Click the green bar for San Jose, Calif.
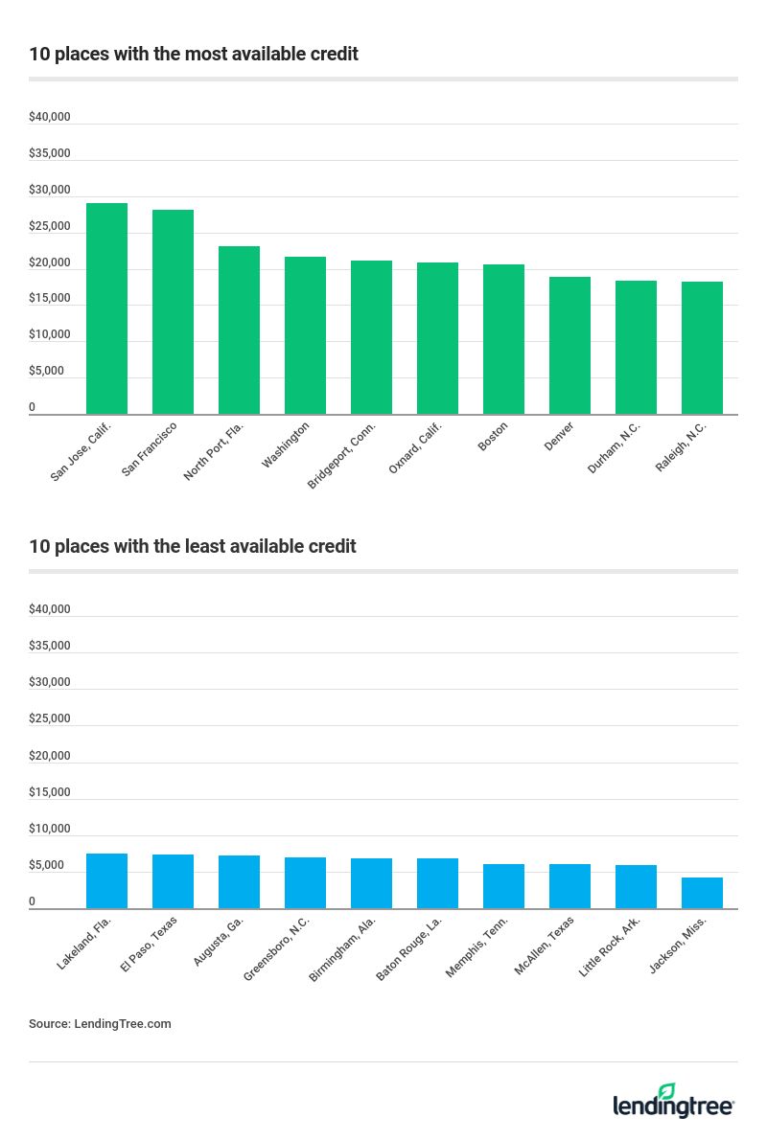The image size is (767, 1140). tap(106, 308)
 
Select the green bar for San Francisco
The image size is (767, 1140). tap(173, 312)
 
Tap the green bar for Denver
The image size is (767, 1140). tap(569, 346)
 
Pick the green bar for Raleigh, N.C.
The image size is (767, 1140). tap(702, 348)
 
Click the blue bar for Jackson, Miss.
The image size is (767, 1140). tap(702, 893)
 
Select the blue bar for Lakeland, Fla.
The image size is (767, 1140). tap(106, 880)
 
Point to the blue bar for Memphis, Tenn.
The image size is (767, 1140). tap(503, 886)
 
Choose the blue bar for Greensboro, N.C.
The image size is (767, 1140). tap(305, 882)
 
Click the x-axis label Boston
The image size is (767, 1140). tap(493, 436)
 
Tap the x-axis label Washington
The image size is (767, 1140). tap(286, 445)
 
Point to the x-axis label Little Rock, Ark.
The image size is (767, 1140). tap(610, 946)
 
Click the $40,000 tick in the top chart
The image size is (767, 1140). tap(50, 117)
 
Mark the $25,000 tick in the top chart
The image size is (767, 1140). tap(50, 226)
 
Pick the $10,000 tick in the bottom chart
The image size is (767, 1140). tap(50, 829)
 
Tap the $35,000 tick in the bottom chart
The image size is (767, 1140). tap(50, 646)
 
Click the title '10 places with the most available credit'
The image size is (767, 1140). tap(194, 55)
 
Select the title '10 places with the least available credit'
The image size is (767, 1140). tap(193, 546)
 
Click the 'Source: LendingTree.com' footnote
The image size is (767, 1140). tap(100, 1023)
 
